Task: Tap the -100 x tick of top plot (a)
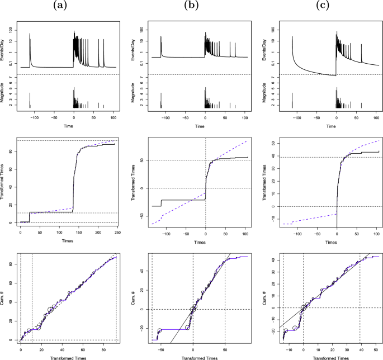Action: [34, 116]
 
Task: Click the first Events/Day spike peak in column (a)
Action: [30, 34]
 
